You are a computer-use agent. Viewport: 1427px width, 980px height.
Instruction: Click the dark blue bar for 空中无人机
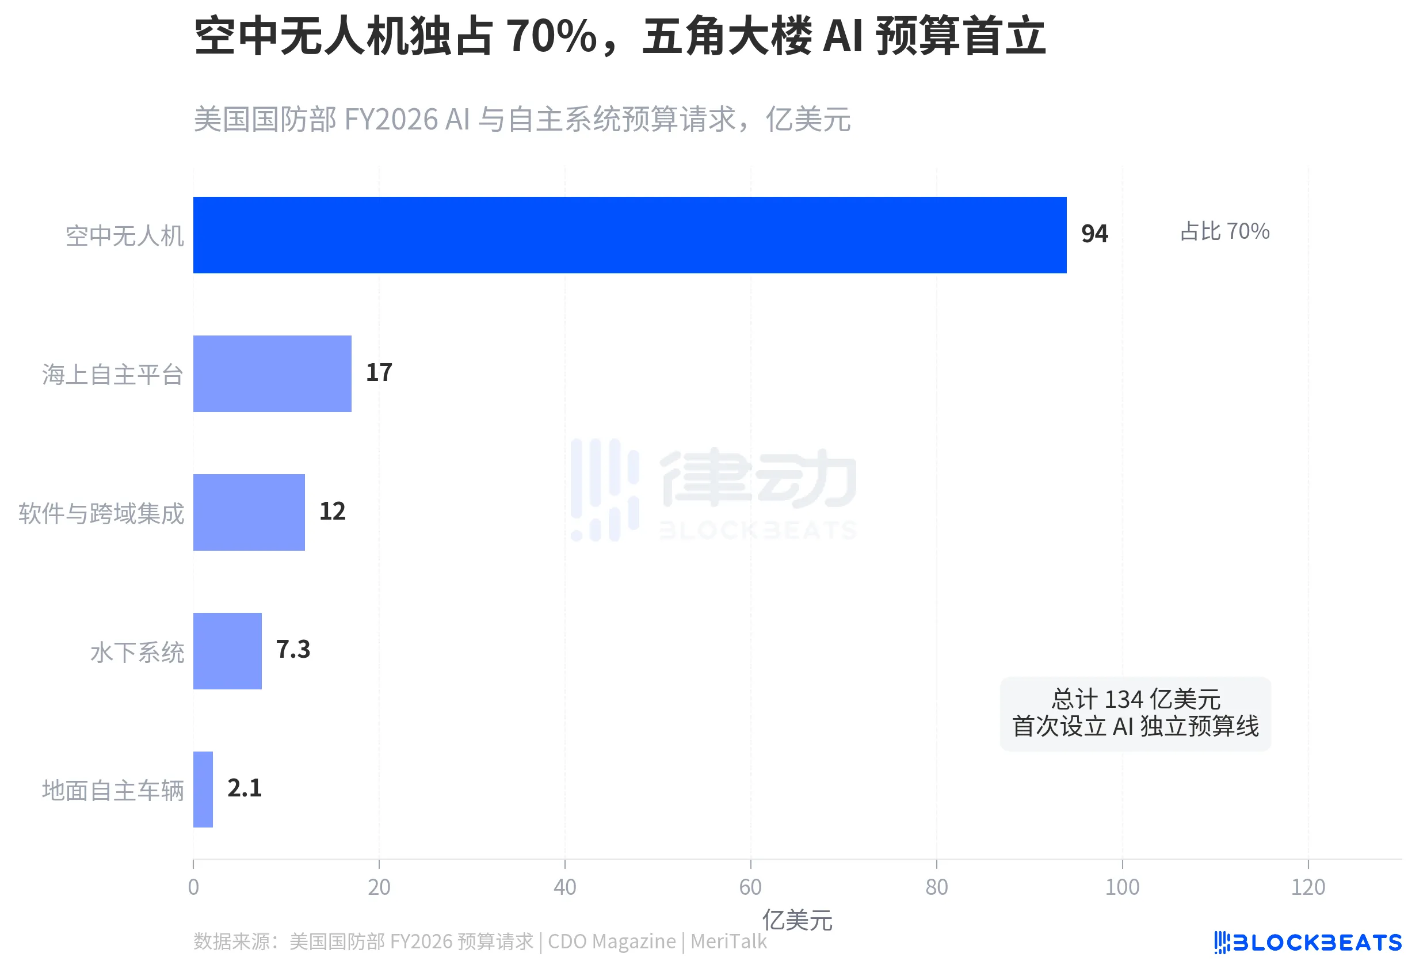[x=629, y=235]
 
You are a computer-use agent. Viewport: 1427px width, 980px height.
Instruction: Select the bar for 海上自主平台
[x=272, y=373]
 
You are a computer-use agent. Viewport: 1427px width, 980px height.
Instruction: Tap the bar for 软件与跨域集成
[x=249, y=512]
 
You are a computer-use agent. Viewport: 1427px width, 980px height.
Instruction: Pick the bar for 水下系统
[x=227, y=651]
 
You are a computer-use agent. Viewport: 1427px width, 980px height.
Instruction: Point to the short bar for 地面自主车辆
[x=203, y=789]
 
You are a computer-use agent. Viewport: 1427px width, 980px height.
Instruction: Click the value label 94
[x=1094, y=234]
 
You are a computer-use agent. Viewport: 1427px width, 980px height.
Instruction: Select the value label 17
[x=379, y=373]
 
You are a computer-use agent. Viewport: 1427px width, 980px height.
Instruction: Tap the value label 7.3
[x=293, y=650]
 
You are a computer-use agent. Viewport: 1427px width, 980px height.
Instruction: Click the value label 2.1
[x=245, y=788]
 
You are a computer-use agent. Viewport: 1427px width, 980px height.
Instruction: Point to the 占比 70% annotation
[x=1224, y=232]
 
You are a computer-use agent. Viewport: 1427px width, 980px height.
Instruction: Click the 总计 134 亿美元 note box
[x=1135, y=714]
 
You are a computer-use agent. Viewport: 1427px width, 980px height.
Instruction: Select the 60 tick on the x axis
[x=750, y=887]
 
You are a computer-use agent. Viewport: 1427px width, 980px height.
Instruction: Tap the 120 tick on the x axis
[x=1308, y=887]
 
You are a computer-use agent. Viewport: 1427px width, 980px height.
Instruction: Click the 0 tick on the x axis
[x=193, y=887]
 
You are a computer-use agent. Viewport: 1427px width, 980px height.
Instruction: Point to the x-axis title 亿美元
[x=797, y=920]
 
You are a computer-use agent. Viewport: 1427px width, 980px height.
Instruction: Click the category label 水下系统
[x=137, y=652]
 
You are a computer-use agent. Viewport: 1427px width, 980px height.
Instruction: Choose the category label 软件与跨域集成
[x=101, y=513]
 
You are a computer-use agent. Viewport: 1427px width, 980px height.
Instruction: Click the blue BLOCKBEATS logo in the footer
[x=1308, y=943]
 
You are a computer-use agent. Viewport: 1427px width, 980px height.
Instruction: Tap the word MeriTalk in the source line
[x=728, y=941]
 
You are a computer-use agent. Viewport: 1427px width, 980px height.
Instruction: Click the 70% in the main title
[x=552, y=36]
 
